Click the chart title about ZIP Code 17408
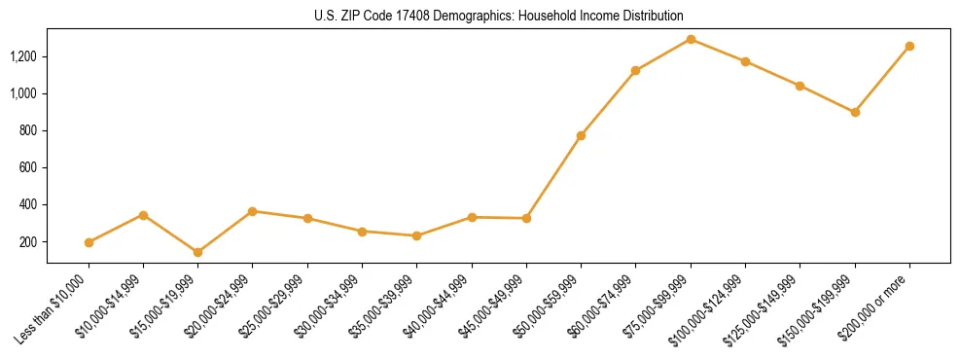pos(498,17)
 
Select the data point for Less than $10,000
pos(89,242)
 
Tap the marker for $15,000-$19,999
pos(198,252)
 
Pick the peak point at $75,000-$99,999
pos(691,39)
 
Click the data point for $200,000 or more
pos(909,46)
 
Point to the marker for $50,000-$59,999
pos(581,135)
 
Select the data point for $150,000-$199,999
pos(855,112)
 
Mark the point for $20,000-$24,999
pos(253,211)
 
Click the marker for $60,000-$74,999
pos(636,70)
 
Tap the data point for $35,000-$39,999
pos(417,235)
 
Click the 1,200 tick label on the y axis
pos(23,56)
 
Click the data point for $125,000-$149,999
pos(800,86)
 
